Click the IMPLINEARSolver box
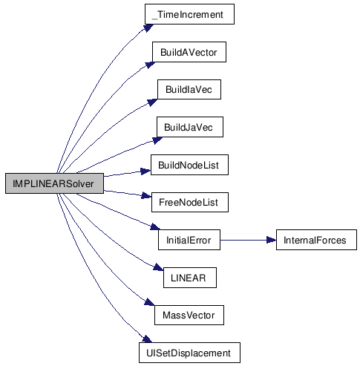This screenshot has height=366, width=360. click(x=54, y=183)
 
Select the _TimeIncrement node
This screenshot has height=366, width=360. click(x=189, y=14)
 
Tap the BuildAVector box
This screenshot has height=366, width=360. click(x=189, y=52)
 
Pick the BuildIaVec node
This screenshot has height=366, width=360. click(x=189, y=89)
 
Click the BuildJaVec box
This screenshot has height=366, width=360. click(x=190, y=127)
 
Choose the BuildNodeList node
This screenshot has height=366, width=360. click(x=189, y=165)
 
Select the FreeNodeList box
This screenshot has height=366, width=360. click(x=190, y=202)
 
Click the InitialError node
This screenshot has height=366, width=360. click(x=189, y=240)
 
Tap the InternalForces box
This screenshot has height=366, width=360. click(x=316, y=240)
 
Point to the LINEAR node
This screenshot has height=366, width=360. click(x=190, y=278)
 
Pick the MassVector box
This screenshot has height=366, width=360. click(x=189, y=315)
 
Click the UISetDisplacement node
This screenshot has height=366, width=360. click(x=189, y=353)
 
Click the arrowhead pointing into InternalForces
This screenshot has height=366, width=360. click(x=271, y=240)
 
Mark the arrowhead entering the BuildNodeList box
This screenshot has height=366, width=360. click(x=145, y=171)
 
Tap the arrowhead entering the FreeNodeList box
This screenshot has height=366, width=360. click(x=146, y=196)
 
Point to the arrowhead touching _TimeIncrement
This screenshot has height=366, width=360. click(x=149, y=27)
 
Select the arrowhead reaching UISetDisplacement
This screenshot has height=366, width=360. click(x=147, y=339)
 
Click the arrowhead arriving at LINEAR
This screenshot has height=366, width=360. click(x=158, y=267)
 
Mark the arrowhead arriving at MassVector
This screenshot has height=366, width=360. click(x=150, y=302)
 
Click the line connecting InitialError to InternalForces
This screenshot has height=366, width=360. click(x=248, y=240)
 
